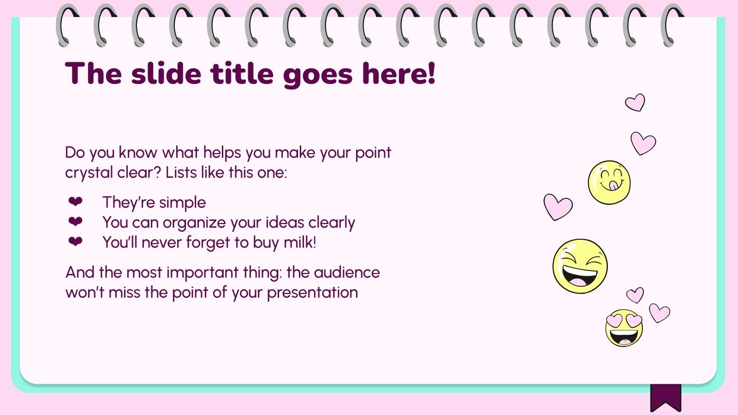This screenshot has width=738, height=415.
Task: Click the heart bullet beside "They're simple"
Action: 75,202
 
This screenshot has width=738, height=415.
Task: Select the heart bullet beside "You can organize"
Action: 75,222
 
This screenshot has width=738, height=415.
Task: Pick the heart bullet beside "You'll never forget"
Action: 75,242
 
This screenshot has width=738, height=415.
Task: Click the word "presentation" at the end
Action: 312,292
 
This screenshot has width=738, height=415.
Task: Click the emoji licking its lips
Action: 609,182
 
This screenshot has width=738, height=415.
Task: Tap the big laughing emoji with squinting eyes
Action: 580,266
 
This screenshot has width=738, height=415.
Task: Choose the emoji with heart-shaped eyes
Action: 624,328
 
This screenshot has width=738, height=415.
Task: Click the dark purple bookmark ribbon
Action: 666,397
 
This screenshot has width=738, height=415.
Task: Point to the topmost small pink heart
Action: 635,102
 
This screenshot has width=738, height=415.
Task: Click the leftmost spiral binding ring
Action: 67,25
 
